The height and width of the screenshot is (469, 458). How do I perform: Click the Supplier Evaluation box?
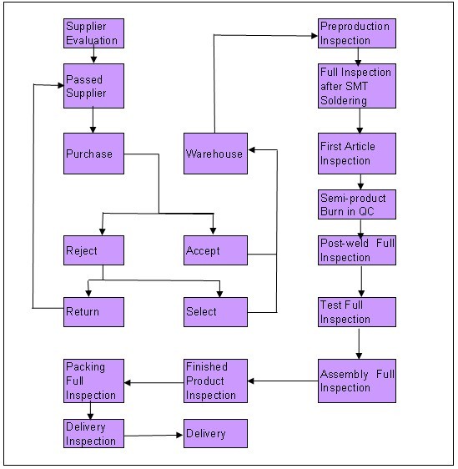[94, 33]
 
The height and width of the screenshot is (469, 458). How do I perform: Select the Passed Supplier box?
[94, 86]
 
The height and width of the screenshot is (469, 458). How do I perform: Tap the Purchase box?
[94, 154]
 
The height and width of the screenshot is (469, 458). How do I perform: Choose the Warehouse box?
[215, 154]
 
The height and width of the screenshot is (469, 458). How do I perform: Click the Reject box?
[94, 250]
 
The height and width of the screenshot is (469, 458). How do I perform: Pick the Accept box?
[215, 250]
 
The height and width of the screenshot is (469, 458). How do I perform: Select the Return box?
[94, 312]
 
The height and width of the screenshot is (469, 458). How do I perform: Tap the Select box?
[215, 312]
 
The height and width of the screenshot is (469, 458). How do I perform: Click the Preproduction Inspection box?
[357, 33]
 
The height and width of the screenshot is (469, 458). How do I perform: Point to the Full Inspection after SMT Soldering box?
[357, 86]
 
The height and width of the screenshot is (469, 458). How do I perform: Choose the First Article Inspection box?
[357, 154]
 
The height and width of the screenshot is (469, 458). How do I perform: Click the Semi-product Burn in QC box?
[357, 204]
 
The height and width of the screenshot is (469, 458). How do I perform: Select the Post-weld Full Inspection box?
[357, 250]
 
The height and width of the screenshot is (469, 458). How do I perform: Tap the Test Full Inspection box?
[357, 312]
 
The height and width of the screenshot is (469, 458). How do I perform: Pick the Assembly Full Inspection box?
[357, 381]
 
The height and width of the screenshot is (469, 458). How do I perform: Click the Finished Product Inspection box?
[215, 381]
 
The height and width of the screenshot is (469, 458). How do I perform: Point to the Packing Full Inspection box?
[94, 381]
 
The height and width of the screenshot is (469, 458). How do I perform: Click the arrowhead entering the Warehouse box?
[251, 149]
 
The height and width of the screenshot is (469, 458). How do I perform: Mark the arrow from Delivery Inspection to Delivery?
[154, 436]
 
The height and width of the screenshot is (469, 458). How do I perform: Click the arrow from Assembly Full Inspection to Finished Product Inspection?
[283, 381]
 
